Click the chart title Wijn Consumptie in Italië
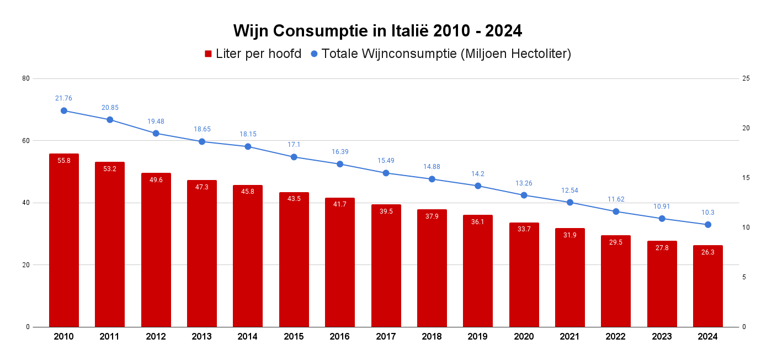(377, 30)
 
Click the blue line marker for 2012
(156, 133)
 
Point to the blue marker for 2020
(524, 195)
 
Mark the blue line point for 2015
(294, 157)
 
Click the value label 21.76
(63, 98)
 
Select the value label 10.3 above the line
(708, 213)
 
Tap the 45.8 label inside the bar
(248, 192)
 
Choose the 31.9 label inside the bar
(569, 235)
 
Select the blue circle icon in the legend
(315, 54)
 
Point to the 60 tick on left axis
(26, 140)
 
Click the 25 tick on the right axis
(746, 78)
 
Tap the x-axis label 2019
(478, 336)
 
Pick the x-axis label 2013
(202, 336)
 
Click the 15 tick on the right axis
(746, 178)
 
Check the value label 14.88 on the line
(432, 167)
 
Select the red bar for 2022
(616, 281)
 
